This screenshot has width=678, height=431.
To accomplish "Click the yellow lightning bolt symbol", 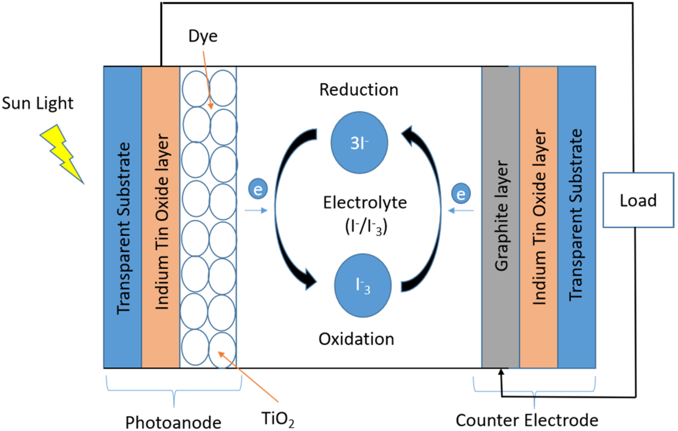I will coord(62,153).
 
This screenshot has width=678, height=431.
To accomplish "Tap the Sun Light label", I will coord(37,103).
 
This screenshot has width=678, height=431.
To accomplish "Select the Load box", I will coord(638,200).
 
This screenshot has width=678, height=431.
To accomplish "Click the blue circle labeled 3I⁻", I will coord(359,143).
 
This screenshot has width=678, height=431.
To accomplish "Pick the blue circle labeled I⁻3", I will coord(363,286).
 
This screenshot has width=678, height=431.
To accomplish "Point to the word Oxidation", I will coord(356,339).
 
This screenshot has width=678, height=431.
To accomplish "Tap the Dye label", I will coord(203,36).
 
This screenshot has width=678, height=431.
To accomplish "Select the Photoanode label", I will coord(173,423).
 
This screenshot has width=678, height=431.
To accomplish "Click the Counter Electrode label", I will coord(527,421).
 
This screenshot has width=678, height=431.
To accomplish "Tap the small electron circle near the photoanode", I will coord(258,189).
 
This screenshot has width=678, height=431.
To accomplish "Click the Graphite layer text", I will coord(501,216).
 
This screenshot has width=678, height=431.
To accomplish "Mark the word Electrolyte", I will coord(365,203).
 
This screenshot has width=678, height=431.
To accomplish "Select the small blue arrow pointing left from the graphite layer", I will coord(461,210).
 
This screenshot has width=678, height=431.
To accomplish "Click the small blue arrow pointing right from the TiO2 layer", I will coord(256,210).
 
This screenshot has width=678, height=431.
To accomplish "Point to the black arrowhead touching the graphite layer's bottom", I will coord(501,372).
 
